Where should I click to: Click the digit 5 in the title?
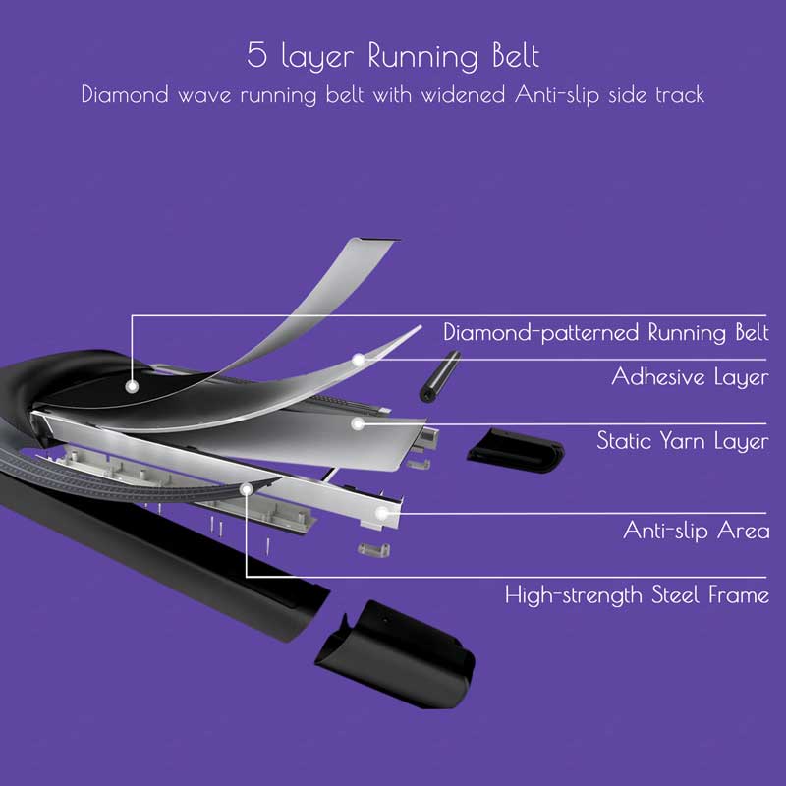pos(256,55)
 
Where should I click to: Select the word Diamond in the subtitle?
pos(125,94)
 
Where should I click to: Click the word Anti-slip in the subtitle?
pos(557,94)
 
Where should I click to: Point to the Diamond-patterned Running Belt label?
pos(606,332)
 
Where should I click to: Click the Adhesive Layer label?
pos(691,376)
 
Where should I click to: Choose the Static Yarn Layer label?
pos(683,441)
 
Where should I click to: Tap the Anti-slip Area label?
pos(697,530)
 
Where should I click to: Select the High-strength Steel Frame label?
pos(637,595)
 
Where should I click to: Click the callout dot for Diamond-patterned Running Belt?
pos(132,386)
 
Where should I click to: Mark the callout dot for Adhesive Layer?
pos(358,360)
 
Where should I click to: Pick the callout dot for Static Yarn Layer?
pos(357,424)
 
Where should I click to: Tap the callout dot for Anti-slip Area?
pos(382,513)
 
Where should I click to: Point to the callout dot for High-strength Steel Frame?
pos(247,489)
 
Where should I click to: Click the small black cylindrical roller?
pos(439,376)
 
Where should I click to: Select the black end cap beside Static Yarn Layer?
pos(515,450)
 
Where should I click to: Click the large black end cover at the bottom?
pos(395,652)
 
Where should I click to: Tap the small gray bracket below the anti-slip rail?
pos(374,550)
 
